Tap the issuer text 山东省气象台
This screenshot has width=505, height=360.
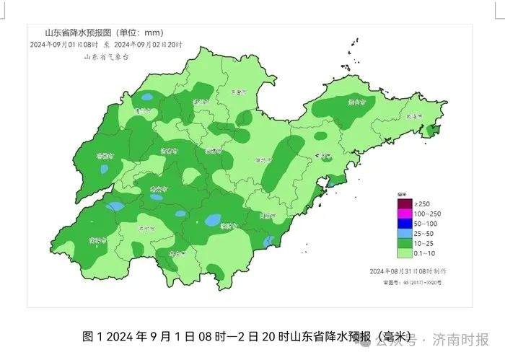[x=106, y=56]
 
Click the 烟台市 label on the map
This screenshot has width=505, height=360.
[x=356, y=103]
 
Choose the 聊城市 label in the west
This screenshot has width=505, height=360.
[x=106, y=155]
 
